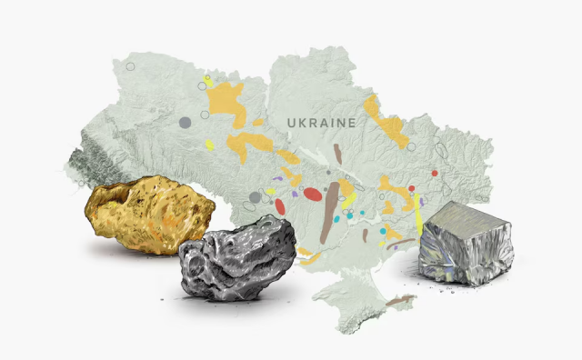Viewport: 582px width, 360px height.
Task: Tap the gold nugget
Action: (150, 215)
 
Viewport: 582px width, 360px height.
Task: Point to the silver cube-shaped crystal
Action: (464, 243)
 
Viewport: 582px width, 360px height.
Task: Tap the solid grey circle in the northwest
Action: (185, 122)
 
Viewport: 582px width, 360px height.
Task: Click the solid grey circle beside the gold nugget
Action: (255, 197)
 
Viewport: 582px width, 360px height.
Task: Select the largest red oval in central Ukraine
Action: (311, 194)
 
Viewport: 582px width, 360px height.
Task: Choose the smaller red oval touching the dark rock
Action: (280, 206)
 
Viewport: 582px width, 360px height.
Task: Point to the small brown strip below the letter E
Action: (337, 154)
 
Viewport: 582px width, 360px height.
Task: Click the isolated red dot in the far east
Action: (435, 173)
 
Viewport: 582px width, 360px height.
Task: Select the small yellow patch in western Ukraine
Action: (210, 145)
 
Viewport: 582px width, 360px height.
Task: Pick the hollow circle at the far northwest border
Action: (130, 66)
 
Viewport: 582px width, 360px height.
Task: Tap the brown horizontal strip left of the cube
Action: (399, 244)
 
